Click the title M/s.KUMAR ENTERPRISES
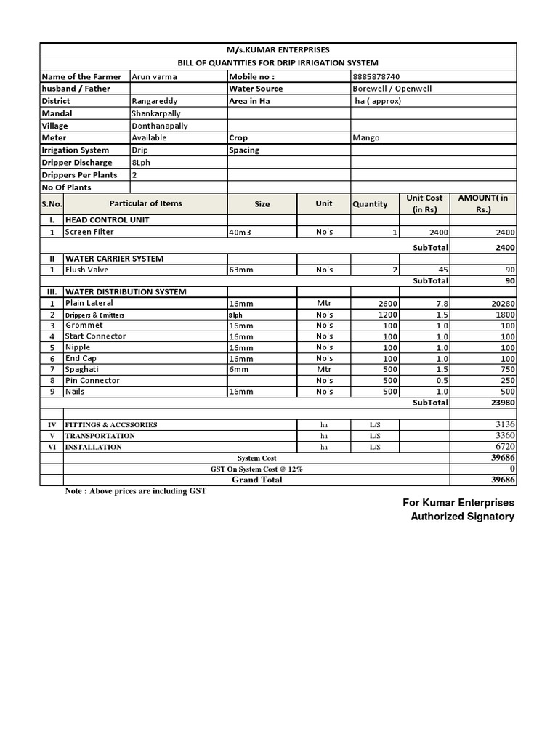278,49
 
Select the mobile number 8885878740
376,76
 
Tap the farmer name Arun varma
154,76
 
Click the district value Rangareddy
154,101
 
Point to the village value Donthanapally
159,126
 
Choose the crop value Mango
366,137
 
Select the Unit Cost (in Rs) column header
424,203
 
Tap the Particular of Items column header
145,203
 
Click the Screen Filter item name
89,232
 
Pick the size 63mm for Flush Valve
240,270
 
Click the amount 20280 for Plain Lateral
500,304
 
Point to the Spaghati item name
83,369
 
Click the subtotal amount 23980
501,403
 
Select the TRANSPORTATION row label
100,436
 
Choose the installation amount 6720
504,447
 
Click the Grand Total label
257,480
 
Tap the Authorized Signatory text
462,517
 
